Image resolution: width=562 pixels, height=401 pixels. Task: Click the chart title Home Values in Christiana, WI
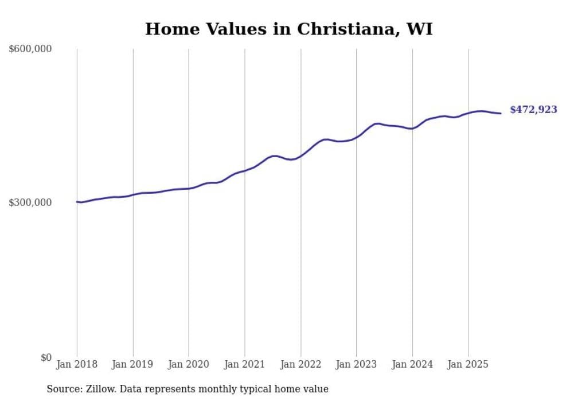tap(288, 29)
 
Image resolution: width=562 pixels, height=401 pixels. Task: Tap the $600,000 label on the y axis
tap(30, 49)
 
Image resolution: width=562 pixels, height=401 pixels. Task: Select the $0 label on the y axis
tap(45, 357)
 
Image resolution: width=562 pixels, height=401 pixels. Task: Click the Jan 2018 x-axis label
tap(77, 364)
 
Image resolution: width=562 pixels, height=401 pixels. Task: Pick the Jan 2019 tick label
tap(133, 364)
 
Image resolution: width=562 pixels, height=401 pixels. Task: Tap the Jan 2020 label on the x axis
tap(189, 364)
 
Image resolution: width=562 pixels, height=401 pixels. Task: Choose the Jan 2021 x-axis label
tap(245, 364)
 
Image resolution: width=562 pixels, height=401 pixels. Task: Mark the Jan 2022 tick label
tap(300, 364)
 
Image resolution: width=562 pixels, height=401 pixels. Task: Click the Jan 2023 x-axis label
tap(356, 364)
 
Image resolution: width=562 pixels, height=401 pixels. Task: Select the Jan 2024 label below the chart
tap(412, 364)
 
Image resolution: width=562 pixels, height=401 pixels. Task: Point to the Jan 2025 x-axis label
tap(469, 364)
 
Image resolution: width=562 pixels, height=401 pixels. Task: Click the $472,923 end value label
tap(533, 110)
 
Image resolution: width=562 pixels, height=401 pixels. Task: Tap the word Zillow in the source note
tap(101, 389)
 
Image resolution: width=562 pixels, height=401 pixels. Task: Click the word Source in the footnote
tap(63, 389)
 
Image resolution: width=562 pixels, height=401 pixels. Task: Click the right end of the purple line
tap(501, 113)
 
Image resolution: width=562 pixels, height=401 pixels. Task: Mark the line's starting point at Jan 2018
tap(77, 201)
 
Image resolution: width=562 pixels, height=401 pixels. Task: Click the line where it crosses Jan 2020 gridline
tap(189, 188)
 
